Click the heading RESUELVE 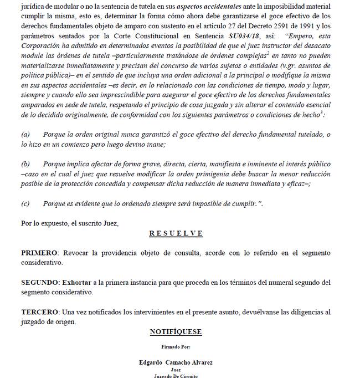pyautogui.click(x=176, y=233)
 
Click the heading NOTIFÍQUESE pyautogui.click(x=176, y=332)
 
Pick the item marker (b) pyautogui.click(x=25, y=165)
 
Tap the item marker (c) pyautogui.click(x=25, y=203)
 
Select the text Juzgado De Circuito pyautogui.click(x=176, y=376)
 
